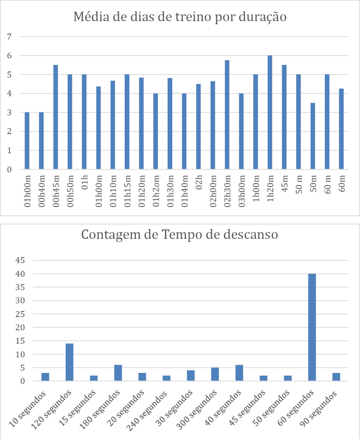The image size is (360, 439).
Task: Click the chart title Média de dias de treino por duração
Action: (180, 17)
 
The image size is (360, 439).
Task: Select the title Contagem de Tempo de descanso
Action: (179, 235)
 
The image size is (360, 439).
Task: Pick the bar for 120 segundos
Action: (69, 362)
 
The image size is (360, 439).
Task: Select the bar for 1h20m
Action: (270, 113)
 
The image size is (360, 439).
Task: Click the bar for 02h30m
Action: (227, 115)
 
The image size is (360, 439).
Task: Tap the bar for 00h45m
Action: (56, 117)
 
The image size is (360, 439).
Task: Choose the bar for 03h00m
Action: (241, 131)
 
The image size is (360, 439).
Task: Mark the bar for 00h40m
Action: (41, 141)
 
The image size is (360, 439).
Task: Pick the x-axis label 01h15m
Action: (127, 192)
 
